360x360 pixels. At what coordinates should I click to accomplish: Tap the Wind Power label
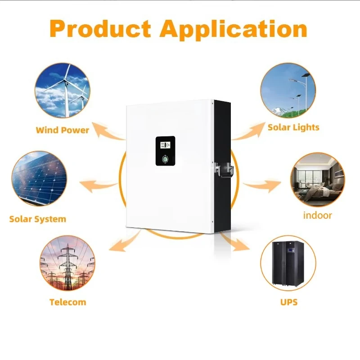tap(63, 130)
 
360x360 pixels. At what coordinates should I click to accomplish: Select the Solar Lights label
tap(293, 127)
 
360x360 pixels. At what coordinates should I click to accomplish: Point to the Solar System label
tap(38, 219)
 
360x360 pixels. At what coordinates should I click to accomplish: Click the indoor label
tap(317, 215)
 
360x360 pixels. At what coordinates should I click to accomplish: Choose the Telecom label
tap(67, 301)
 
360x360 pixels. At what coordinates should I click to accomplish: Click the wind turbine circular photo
tap(62, 90)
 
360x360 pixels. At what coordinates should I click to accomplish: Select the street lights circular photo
tap(288, 90)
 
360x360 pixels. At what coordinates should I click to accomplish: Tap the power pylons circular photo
tap(67, 265)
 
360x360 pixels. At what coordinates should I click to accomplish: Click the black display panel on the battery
tap(165, 152)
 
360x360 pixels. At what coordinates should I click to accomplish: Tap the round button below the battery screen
tap(165, 159)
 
